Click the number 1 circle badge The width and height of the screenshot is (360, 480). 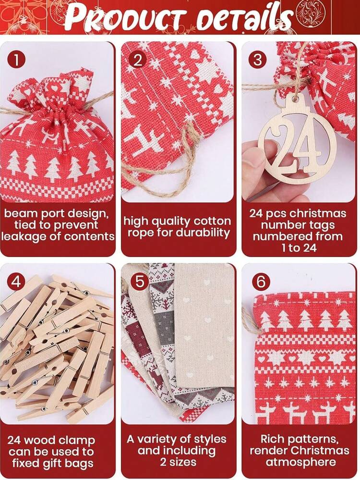16,60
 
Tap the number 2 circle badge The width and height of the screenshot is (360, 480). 137,60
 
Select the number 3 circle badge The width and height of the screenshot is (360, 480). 258,60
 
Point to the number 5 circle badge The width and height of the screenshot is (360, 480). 140,281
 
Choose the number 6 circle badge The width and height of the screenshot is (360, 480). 261,281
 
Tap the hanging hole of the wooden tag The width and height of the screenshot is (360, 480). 295,98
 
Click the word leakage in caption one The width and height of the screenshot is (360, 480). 27,237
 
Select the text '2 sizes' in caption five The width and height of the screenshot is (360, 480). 178,462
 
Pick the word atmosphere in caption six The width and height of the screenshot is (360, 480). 300,462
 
